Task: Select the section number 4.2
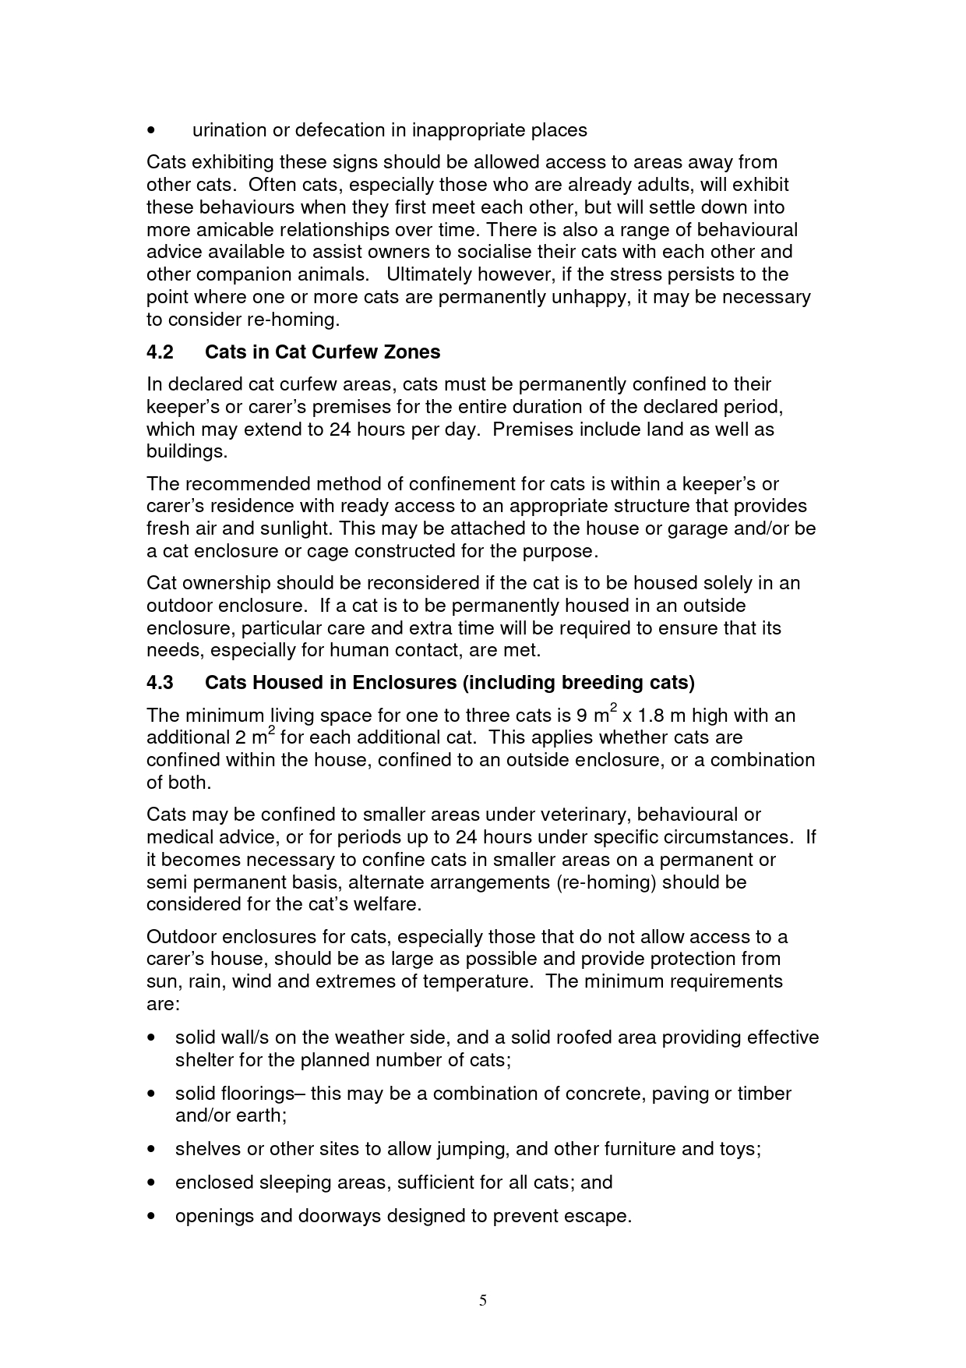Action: [160, 352]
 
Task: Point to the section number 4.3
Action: [160, 683]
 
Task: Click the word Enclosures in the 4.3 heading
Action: [404, 683]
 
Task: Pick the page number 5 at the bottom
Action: [483, 1299]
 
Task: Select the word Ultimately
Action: [428, 274]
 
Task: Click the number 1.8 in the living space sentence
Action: [652, 716]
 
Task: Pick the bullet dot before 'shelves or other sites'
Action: [152, 1150]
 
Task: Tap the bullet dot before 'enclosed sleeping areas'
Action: [152, 1183]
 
